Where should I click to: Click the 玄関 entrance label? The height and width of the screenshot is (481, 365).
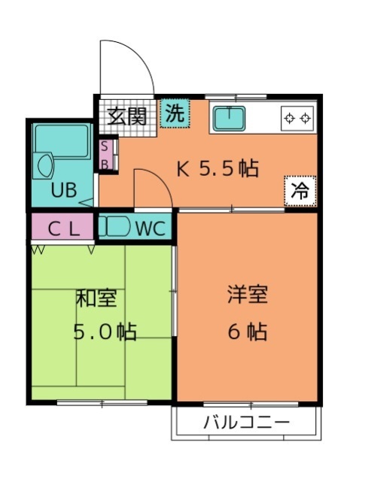pyautogui.click(x=126, y=116)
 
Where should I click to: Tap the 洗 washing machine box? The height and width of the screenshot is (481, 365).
pyautogui.click(x=175, y=113)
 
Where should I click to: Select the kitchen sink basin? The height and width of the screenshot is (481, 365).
pyautogui.click(x=230, y=118)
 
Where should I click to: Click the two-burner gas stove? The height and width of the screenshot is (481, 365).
pyautogui.click(x=297, y=118)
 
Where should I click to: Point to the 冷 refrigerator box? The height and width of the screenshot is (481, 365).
pyautogui.click(x=300, y=191)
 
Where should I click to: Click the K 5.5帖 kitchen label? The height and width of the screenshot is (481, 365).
pyautogui.click(x=217, y=168)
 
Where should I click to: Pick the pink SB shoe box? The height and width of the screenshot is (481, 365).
pyautogui.click(x=105, y=156)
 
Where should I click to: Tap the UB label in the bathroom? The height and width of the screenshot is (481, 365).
pyautogui.click(x=64, y=190)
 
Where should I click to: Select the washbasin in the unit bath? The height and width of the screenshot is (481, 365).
pyautogui.click(x=44, y=166)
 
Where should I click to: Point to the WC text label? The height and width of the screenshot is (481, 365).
pyautogui.click(x=151, y=228)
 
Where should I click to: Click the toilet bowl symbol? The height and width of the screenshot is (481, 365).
pyautogui.click(x=115, y=226)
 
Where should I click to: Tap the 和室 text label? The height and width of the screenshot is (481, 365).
pyautogui.click(x=96, y=298)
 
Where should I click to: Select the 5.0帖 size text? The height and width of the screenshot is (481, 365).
pyautogui.click(x=105, y=331)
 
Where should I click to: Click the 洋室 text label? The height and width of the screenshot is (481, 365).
pyautogui.click(x=248, y=294)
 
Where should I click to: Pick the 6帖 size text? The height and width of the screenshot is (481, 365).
pyautogui.click(x=248, y=331)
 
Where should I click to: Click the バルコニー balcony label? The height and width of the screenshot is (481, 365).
pyautogui.click(x=247, y=423)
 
